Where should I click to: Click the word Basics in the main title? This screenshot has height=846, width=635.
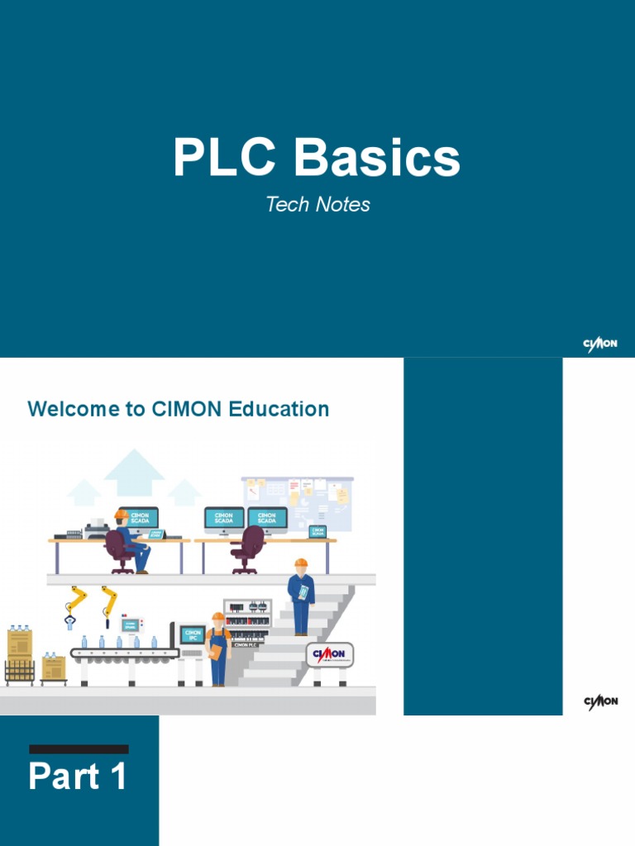point(379,159)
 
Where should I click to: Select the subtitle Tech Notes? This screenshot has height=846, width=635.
point(317,204)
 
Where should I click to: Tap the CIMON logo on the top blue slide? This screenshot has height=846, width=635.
point(600,345)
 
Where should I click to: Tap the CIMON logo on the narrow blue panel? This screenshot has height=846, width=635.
point(600,701)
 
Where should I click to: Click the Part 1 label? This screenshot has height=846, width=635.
point(79,777)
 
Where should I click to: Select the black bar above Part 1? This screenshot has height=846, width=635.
point(79,749)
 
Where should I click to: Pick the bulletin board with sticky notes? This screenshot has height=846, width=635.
point(298,502)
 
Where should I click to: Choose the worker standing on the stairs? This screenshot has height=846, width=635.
point(301,595)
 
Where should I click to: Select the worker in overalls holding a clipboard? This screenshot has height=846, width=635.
point(217,649)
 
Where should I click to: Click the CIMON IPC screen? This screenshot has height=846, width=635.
point(193,635)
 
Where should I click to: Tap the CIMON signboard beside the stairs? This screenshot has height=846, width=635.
point(330,655)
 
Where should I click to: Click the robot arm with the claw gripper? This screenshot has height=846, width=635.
point(75,607)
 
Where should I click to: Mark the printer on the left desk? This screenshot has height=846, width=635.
point(96,530)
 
